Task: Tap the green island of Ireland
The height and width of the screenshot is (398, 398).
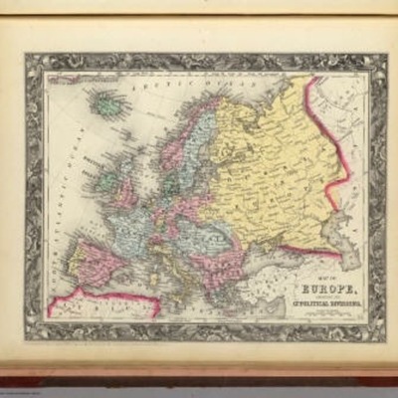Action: (x=106, y=183)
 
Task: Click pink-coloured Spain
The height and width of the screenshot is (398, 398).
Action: (x=95, y=264)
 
